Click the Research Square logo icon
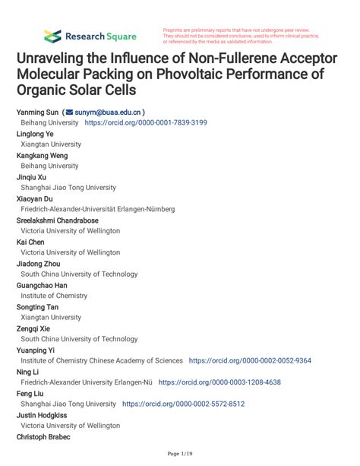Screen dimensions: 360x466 pos(52,35)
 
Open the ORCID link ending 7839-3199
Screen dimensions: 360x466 pos(145,122)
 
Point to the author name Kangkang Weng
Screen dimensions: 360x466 pos(46,155)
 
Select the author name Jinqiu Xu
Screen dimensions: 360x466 pos(32,176)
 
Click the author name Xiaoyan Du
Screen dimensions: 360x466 pos(36,198)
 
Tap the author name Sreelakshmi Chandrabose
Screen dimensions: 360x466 pos(63,220)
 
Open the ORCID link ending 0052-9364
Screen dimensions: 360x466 pos(250,360)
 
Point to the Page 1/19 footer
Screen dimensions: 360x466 pos(179,455)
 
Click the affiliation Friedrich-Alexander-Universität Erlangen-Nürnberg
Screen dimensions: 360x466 pos(97,209)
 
